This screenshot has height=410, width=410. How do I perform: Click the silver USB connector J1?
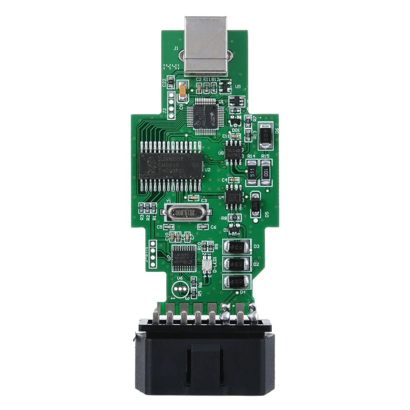(x=206, y=45)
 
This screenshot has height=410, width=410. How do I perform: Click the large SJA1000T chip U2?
(x=171, y=166)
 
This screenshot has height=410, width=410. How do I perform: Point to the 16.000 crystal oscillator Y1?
(x=185, y=212)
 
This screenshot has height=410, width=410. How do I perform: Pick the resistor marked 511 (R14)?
(x=252, y=170)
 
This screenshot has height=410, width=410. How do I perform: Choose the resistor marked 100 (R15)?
(x=266, y=170)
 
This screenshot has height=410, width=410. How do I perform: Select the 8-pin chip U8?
(x=234, y=150)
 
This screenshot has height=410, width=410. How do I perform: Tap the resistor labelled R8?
(x=234, y=217)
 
